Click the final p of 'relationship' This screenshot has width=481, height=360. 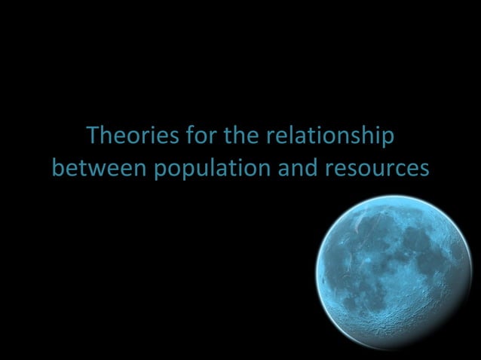point(388,140)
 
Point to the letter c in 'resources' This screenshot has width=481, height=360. point(397,169)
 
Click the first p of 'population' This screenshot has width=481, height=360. point(161,170)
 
